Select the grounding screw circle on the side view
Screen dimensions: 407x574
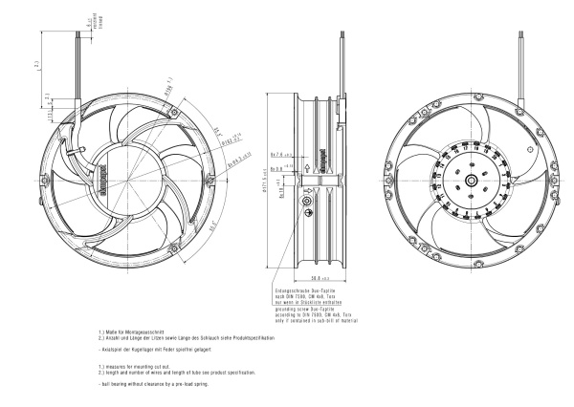click(306, 202)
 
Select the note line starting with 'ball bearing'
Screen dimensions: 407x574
click(153, 384)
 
